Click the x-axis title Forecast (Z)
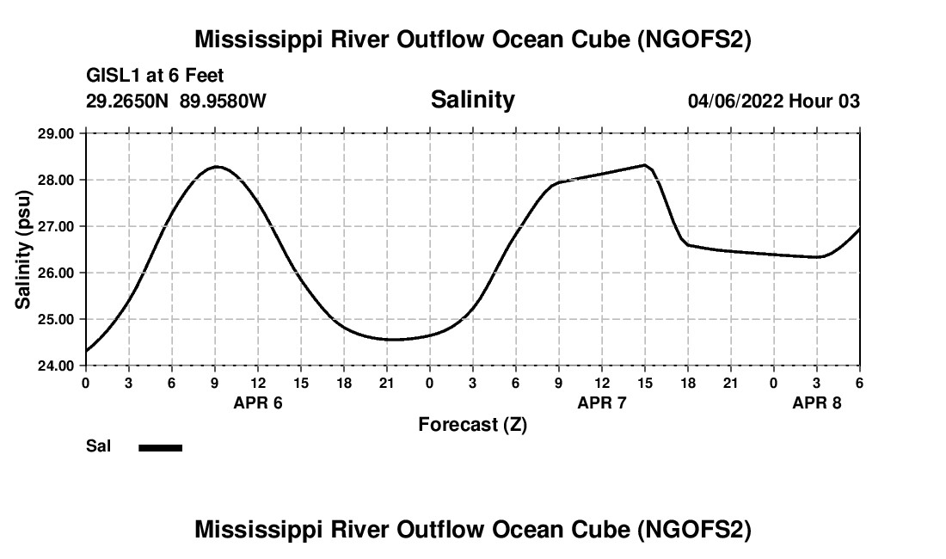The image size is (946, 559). [472, 424]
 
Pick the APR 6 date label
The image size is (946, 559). [258, 402]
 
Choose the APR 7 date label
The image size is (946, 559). [602, 402]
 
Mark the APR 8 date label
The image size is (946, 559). [817, 402]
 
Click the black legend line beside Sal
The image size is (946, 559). [161, 447]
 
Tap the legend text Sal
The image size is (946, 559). [98, 446]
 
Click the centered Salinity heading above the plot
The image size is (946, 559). [472, 100]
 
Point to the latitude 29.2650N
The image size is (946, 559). [128, 101]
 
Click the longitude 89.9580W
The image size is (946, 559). [223, 101]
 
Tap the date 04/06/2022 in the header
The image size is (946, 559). [735, 101]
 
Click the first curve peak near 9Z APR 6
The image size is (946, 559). [216, 167]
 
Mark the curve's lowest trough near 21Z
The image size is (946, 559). [391, 339]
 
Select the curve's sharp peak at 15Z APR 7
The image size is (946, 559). [644, 165]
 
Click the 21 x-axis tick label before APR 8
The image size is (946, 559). [731, 382]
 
